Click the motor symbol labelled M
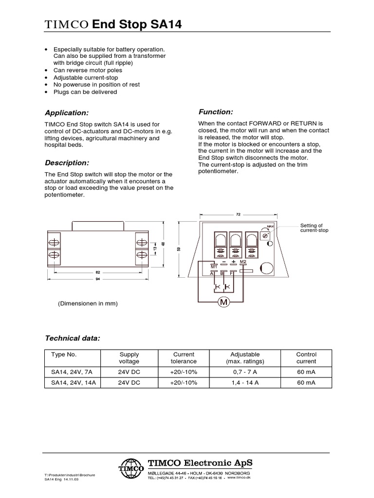[x=224, y=302]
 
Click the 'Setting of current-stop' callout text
[x=314, y=228]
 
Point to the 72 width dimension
[x=238, y=213]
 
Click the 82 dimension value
[x=98, y=272]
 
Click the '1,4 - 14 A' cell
[x=245, y=383]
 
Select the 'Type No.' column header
[x=64, y=355]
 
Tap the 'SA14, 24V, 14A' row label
[x=73, y=383]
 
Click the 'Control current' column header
[x=306, y=358]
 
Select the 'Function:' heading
[x=216, y=111]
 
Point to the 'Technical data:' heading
[x=73, y=338]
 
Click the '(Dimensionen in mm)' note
[x=88, y=303]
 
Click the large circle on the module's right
[x=266, y=268]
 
